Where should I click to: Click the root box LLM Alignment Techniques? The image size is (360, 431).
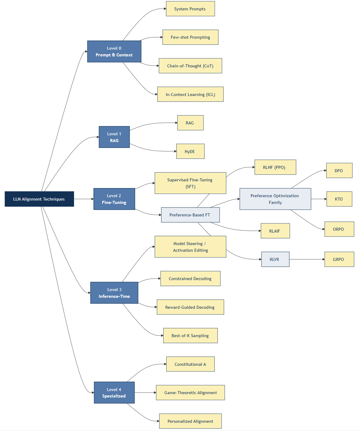(39, 199)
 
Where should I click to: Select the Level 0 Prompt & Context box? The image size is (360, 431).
(114, 52)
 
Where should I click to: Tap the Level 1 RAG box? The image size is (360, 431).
(114, 137)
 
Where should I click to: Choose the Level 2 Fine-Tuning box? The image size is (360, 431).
(114, 199)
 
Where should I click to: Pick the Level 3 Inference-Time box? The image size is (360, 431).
(114, 293)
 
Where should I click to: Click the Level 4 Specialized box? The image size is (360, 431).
(114, 393)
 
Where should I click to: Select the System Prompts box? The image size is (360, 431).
(190, 9)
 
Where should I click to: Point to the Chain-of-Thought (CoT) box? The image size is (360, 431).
(190, 66)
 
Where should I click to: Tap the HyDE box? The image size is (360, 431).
(190, 151)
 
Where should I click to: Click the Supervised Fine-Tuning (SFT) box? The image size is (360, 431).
(190, 183)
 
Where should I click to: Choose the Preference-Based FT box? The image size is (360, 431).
(190, 215)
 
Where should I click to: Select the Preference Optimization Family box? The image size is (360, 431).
(275, 199)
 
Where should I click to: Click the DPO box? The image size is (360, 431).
(339, 171)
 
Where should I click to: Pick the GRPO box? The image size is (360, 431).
(339, 259)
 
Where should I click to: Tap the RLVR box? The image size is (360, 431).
(275, 259)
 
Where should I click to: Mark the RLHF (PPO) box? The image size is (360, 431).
(275, 167)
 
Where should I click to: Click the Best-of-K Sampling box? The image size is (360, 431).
(190, 336)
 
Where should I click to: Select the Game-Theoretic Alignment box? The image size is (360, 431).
(190, 393)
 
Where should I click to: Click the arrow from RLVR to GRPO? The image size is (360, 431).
(307, 259)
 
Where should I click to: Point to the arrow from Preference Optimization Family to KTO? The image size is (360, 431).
(319, 199)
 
